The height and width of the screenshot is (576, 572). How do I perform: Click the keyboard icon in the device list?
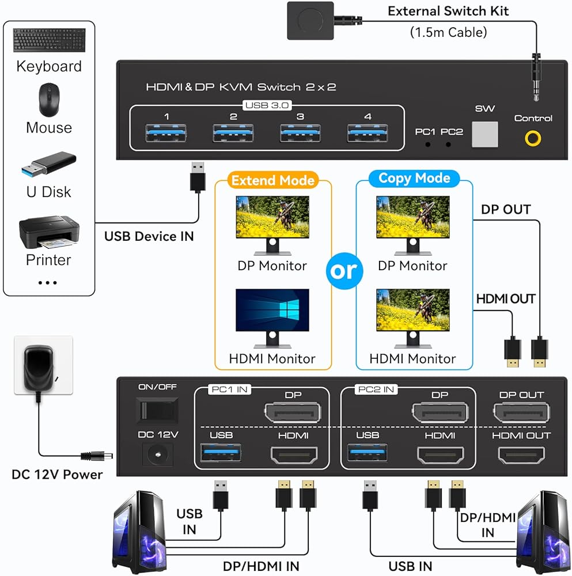click(48, 40)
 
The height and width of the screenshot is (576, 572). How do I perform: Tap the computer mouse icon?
click(49, 100)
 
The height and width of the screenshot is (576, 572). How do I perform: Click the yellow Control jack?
click(532, 138)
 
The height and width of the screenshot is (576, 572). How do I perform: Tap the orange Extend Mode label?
click(273, 180)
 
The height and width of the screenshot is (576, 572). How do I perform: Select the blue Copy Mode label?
click(414, 178)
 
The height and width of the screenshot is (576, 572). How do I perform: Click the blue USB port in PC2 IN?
click(368, 453)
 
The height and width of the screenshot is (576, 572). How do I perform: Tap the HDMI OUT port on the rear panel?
click(521, 454)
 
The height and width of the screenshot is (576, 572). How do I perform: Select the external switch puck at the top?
click(310, 20)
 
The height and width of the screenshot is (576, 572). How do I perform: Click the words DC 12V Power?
click(57, 475)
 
